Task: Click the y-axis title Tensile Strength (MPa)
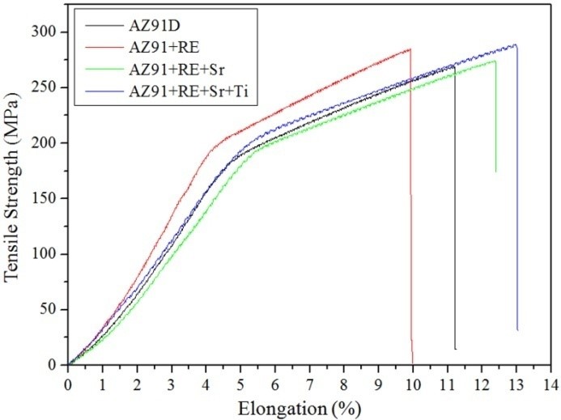tap(14, 198)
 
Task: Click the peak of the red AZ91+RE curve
tap(410, 49)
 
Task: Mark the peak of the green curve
tap(494, 60)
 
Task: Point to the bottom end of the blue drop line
tap(517, 330)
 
